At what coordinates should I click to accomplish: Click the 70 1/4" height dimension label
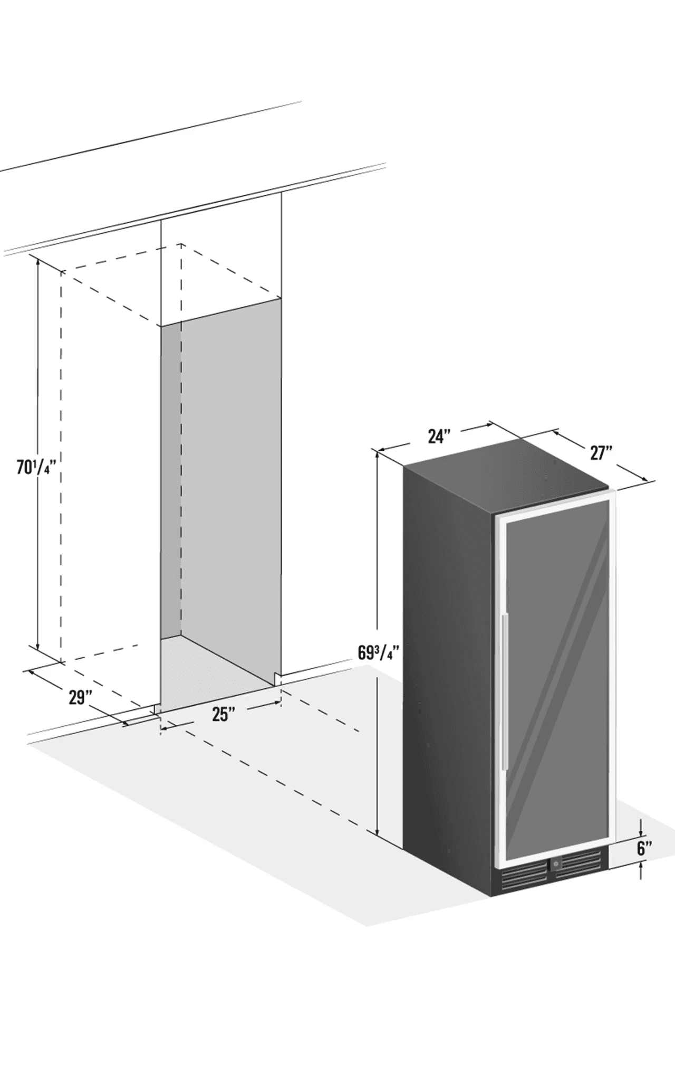tap(35, 467)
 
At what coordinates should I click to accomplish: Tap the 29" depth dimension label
tap(81, 698)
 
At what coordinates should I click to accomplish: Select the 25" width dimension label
tap(224, 714)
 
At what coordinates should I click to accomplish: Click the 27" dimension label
tap(601, 453)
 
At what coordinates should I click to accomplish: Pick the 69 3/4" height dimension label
tap(377, 653)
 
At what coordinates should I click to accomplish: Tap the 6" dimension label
tap(644, 849)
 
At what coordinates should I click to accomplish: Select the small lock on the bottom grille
tap(555, 864)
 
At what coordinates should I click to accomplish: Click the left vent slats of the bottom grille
tap(524, 874)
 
